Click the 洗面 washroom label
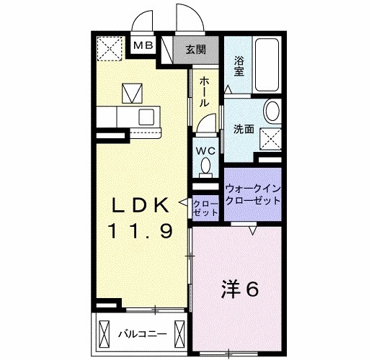tap(244, 130)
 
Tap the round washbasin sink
tap(273, 112)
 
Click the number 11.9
tap(141, 232)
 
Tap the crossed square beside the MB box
tap(111, 48)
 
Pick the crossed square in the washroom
tap(270, 135)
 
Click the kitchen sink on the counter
tap(148, 116)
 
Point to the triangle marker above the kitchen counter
tap(132, 92)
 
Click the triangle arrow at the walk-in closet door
tap(254, 230)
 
